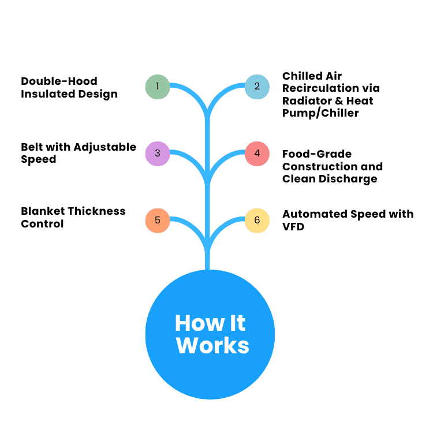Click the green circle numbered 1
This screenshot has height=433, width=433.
[157, 87]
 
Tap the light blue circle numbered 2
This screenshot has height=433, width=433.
[257, 87]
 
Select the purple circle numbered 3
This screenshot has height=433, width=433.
[157, 154]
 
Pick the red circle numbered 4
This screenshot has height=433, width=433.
[257, 154]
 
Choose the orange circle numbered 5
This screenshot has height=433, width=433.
[157, 220]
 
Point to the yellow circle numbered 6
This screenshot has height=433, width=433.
[257, 220]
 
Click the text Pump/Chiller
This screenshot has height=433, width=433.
[320, 113]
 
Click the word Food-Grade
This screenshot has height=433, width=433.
[317, 154]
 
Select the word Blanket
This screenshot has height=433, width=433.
[43, 211]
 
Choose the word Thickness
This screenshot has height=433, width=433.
[97, 211]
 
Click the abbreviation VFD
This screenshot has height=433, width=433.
[293, 227]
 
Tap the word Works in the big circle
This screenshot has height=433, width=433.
[212, 345]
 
